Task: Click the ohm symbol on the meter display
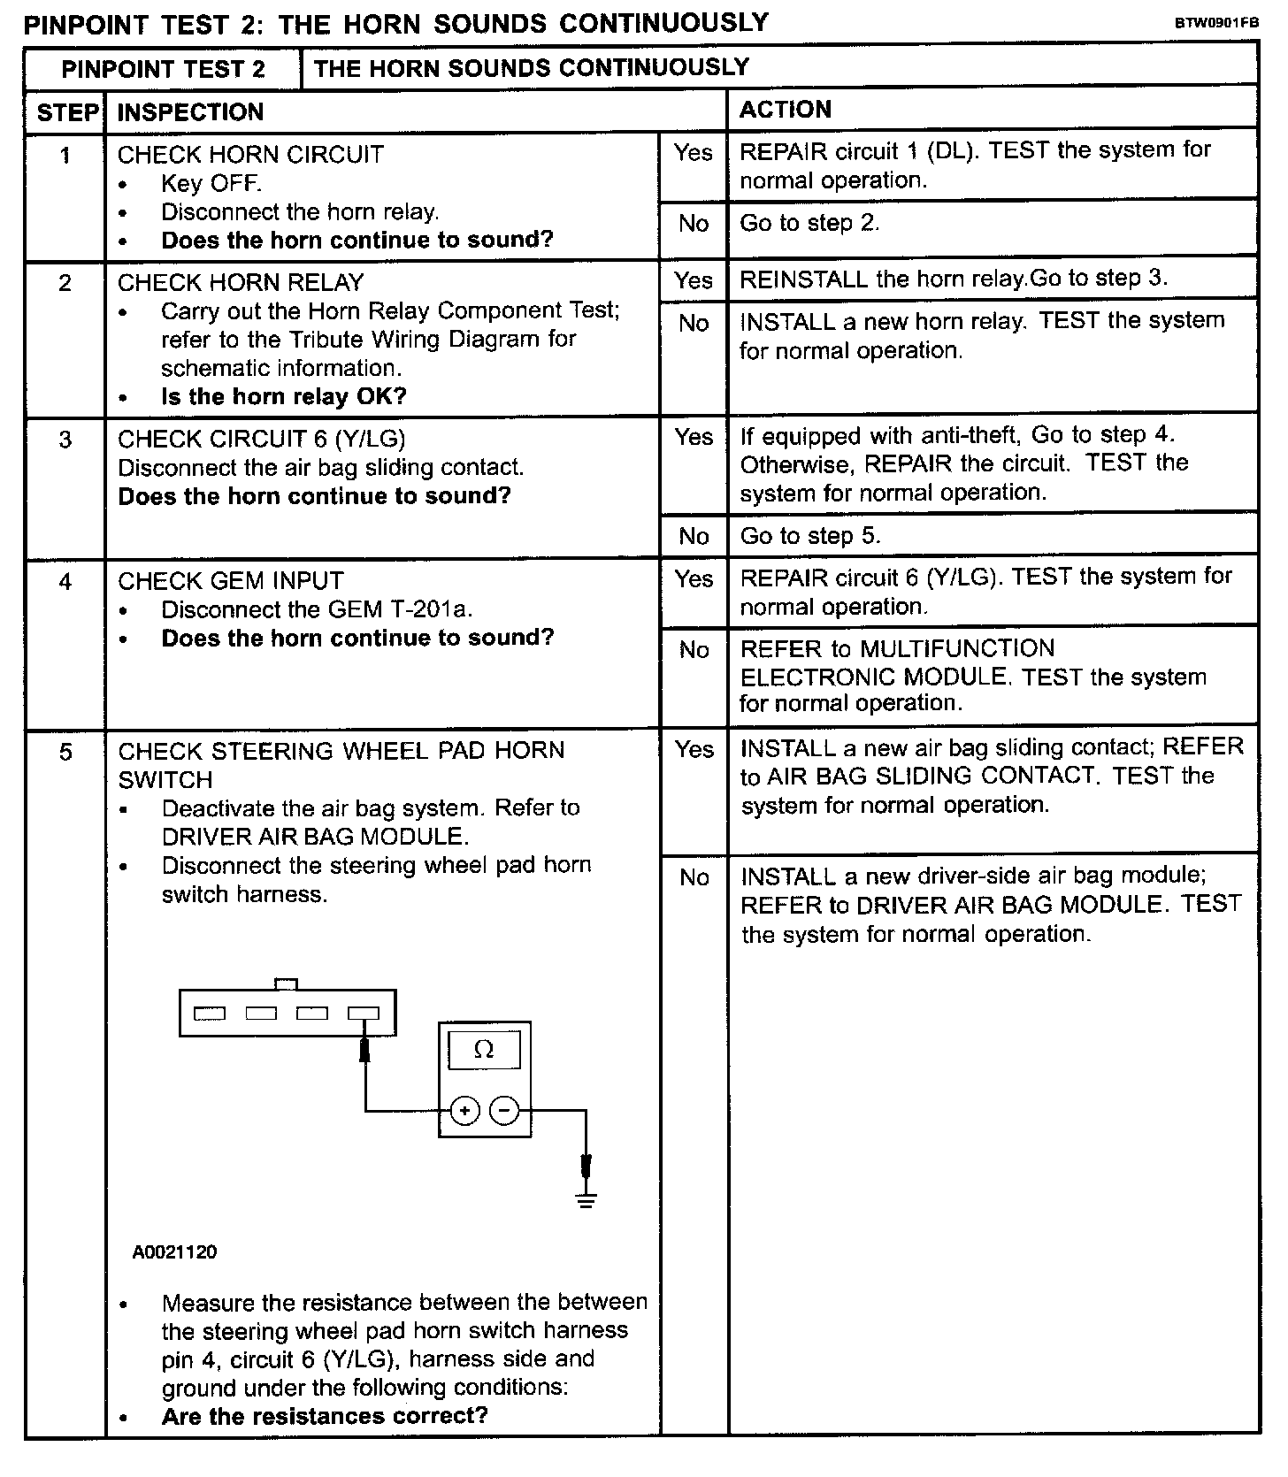(x=484, y=1050)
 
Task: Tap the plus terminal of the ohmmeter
(x=464, y=1110)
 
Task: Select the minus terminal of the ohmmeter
(x=504, y=1110)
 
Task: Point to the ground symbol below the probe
(x=586, y=1200)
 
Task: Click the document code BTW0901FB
(x=1216, y=24)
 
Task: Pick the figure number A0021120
(x=174, y=1252)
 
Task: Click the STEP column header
(x=66, y=112)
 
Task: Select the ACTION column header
(x=786, y=110)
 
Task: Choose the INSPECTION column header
(x=190, y=112)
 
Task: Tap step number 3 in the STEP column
(x=65, y=440)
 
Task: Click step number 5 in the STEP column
(x=65, y=753)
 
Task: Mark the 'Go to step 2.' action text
(x=809, y=223)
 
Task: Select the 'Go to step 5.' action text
(x=810, y=536)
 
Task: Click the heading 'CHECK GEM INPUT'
(x=230, y=581)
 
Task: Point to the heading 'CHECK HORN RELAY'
(x=241, y=282)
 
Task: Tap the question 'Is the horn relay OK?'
(x=283, y=396)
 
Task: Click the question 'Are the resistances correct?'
(x=325, y=1415)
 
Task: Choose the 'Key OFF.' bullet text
(x=211, y=184)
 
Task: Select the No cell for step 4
(x=694, y=650)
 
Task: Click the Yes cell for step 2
(x=694, y=280)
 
